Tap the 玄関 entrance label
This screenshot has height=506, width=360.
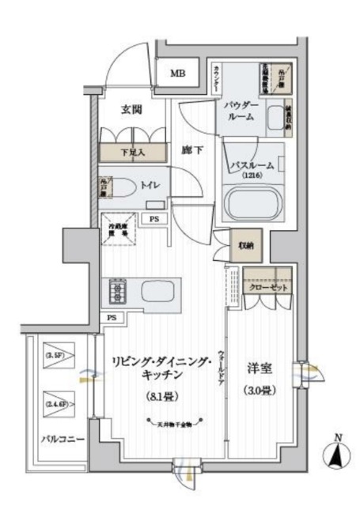pos(132,110)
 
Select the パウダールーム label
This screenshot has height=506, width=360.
pos(241,110)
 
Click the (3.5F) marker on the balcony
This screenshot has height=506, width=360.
pos(55,355)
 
